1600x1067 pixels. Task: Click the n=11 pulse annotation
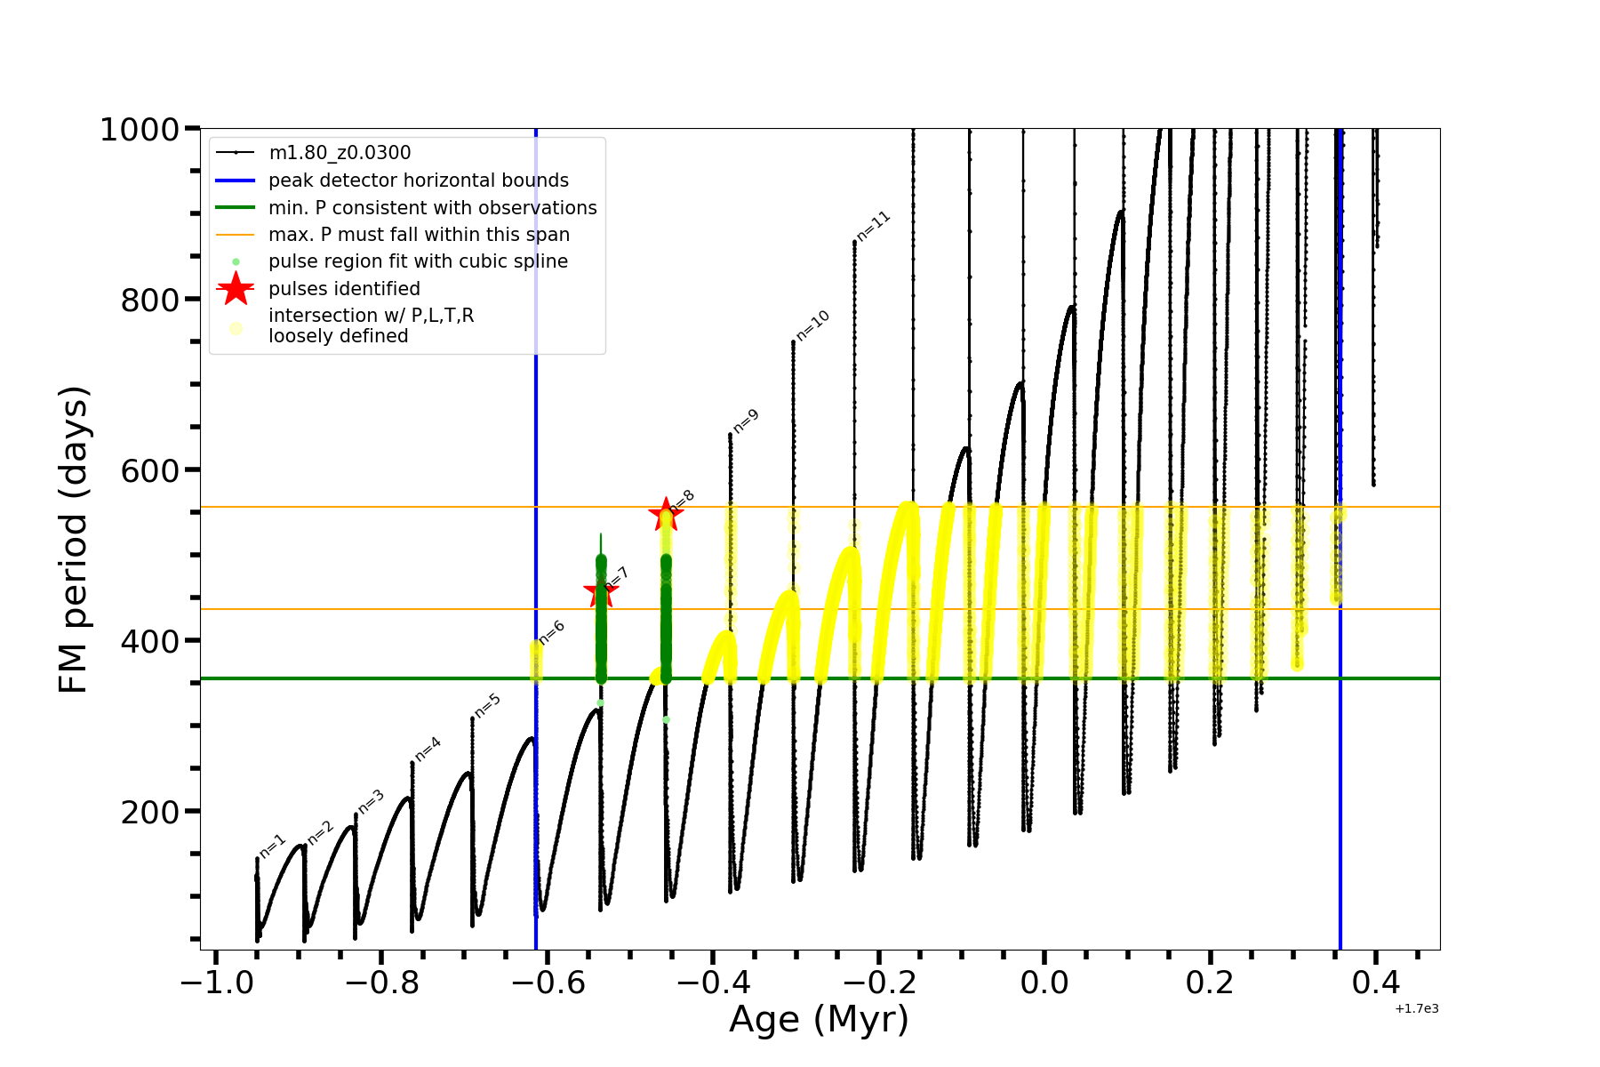click(874, 226)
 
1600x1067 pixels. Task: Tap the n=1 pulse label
click(272, 846)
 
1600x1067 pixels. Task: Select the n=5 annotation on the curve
click(488, 705)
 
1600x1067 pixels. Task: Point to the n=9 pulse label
click(746, 421)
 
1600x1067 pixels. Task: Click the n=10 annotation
click(812, 325)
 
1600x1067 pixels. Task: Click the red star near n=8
click(665, 514)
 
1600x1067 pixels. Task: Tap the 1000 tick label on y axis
click(140, 130)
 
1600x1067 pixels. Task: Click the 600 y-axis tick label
click(150, 470)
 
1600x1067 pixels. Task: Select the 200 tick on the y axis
click(150, 812)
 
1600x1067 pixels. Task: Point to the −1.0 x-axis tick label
click(217, 983)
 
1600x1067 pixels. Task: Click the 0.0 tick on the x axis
click(1044, 983)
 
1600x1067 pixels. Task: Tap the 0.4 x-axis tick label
click(1375, 983)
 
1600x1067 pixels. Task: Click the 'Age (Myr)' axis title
click(819, 1020)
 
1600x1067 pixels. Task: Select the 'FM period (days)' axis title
click(73, 540)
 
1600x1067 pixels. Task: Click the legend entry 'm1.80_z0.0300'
click(340, 154)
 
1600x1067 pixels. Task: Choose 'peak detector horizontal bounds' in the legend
click(419, 181)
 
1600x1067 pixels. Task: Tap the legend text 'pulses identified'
click(344, 289)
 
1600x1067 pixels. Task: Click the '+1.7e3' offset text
click(1417, 1008)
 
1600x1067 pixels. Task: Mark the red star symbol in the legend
click(236, 288)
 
